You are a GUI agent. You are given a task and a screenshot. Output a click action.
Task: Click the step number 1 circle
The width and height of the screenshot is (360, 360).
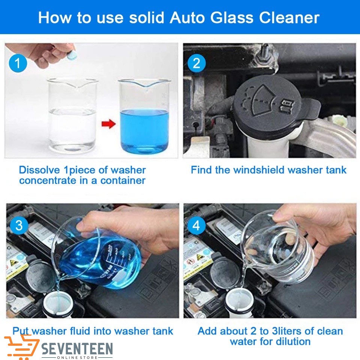(18, 63)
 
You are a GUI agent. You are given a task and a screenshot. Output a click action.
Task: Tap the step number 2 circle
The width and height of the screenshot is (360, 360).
(196, 63)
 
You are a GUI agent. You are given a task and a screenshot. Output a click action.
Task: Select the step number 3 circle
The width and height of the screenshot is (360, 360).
(19, 225)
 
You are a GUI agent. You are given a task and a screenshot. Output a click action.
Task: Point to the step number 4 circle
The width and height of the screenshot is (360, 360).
(196, 225)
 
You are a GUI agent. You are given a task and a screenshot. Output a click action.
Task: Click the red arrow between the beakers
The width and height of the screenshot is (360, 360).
(109, 124)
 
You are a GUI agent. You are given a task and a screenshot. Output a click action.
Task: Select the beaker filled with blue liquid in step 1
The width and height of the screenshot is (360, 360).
(144, 116)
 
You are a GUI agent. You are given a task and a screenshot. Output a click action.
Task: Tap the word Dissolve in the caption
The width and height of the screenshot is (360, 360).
(39, 170)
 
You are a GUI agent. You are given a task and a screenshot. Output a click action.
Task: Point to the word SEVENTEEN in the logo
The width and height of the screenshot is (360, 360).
(77, 349)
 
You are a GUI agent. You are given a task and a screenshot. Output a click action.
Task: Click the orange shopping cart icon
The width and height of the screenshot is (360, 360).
(22, 346)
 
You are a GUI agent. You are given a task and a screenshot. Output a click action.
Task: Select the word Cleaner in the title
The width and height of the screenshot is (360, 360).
(289, 18)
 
